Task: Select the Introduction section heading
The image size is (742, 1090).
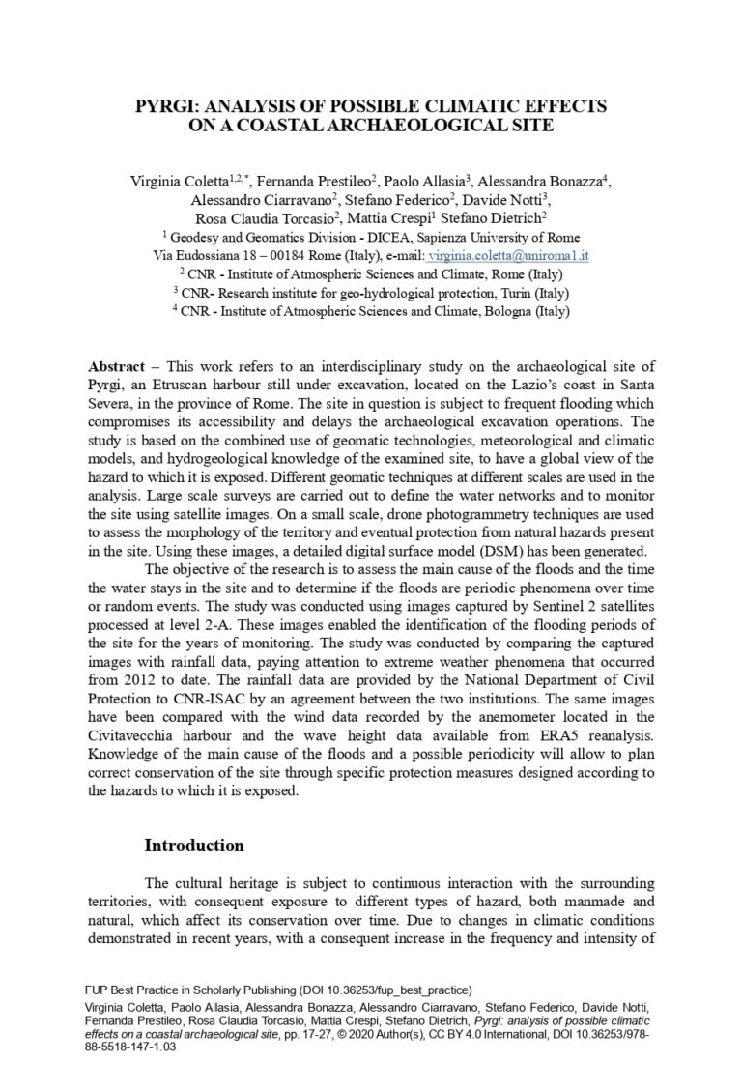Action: point(194,846)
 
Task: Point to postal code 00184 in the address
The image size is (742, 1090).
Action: point(281,256)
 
